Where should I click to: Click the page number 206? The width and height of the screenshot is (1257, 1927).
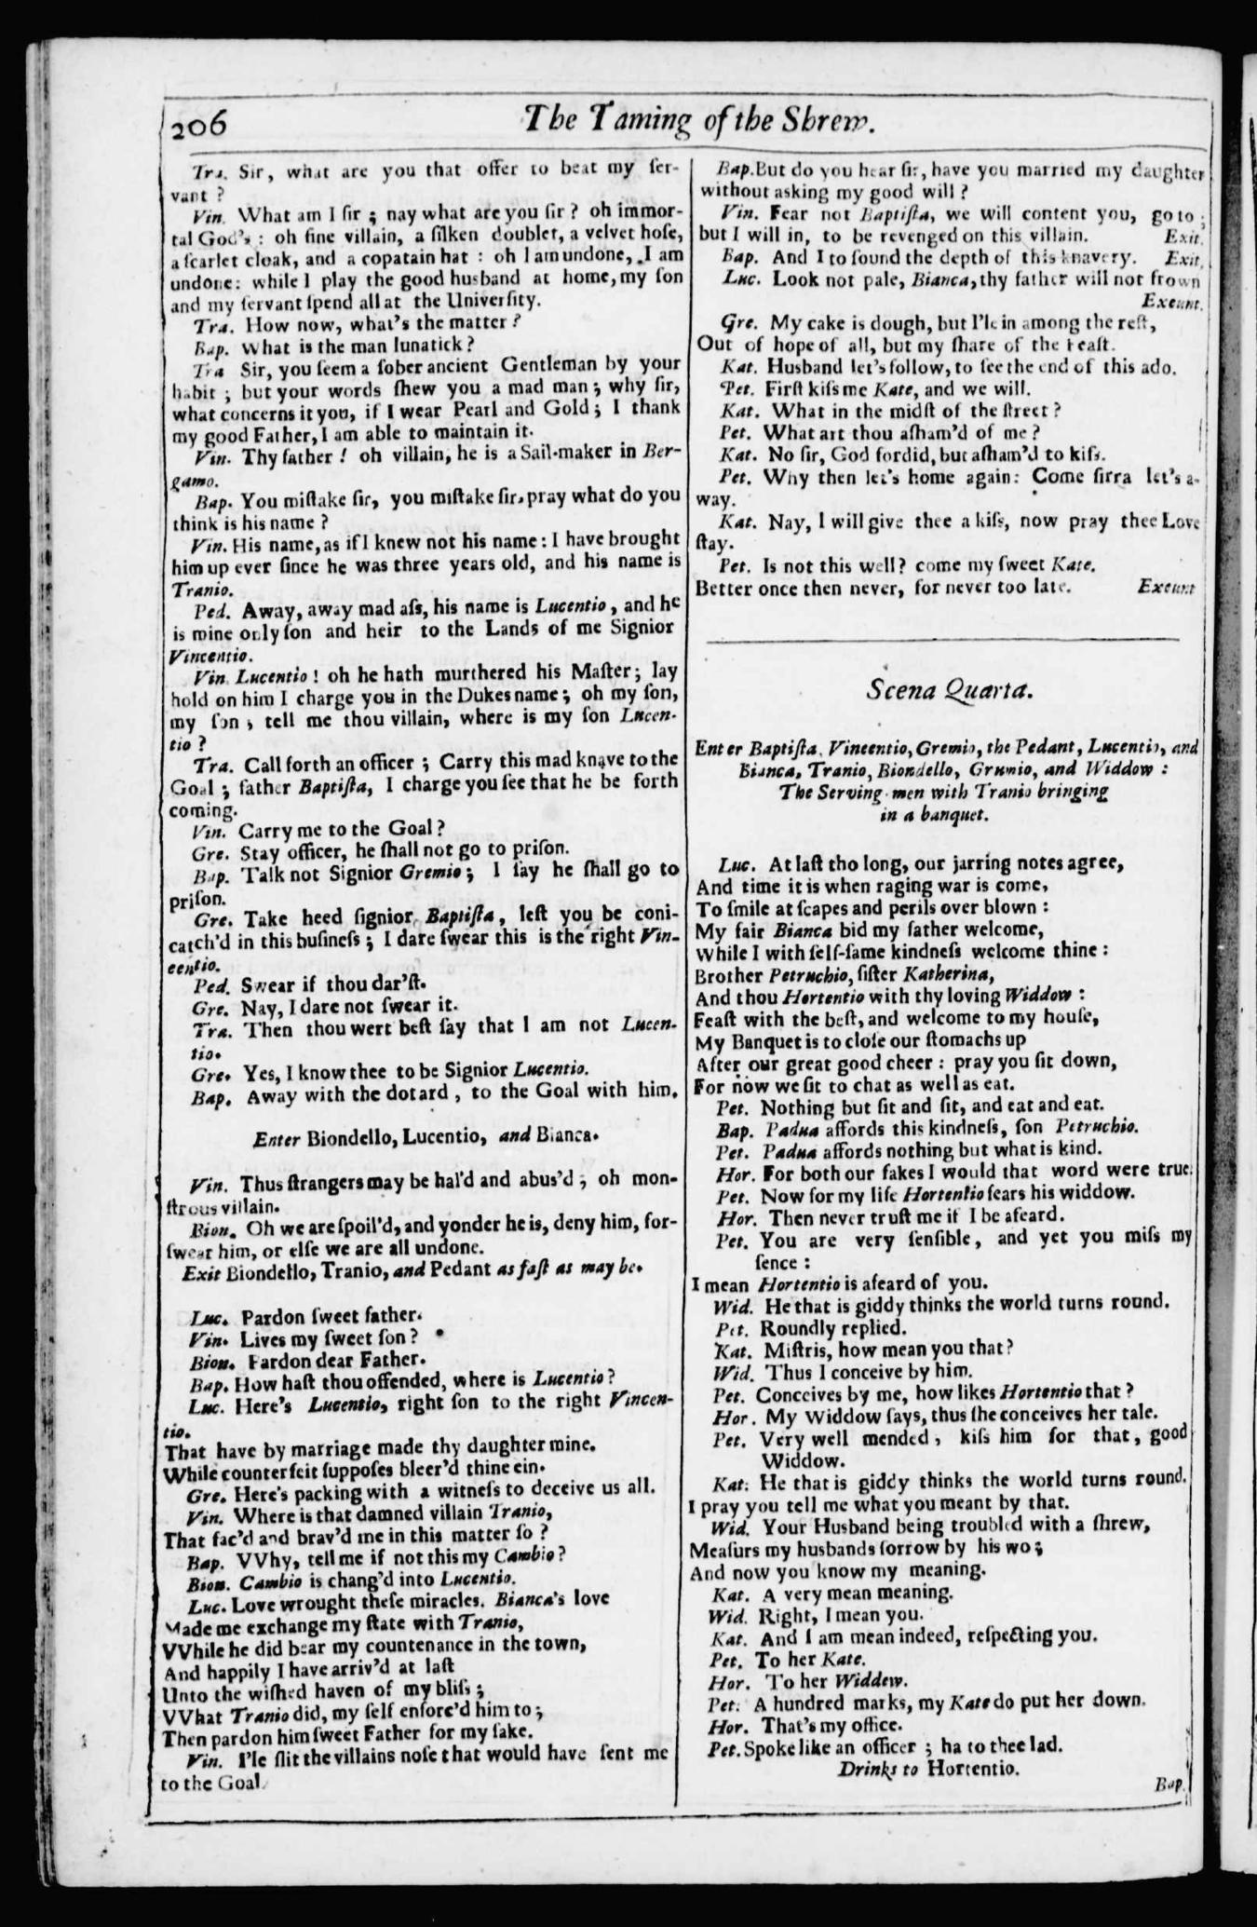click(x=198, y=121)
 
